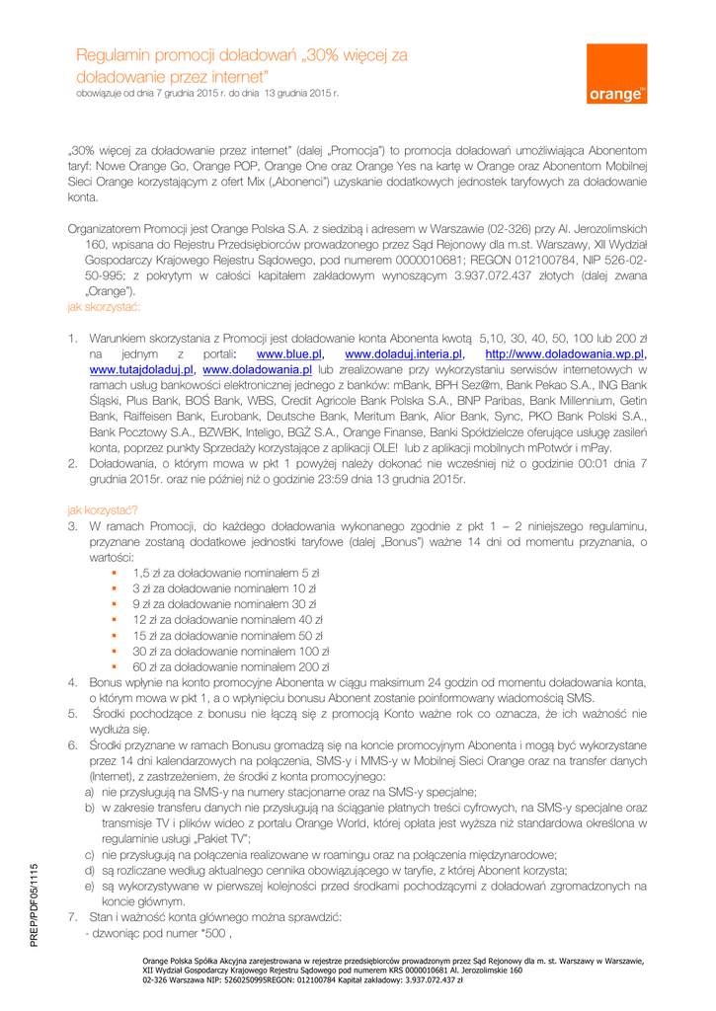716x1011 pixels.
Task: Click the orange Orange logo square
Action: (x=617, y=74)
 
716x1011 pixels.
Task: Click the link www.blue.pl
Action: (x=290, y=352)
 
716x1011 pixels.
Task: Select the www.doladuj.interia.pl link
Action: (x=404, y=352)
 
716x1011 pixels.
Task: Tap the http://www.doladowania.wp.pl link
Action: (x=566, y=352)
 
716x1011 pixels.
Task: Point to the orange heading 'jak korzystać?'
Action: (x=103, y=510)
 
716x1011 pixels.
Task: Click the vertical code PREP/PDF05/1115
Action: (x=34, y=905)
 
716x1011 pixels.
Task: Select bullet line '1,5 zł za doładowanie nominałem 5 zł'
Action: (x=225, y=573)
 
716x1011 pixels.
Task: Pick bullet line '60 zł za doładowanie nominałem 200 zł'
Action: (x=231, y=668)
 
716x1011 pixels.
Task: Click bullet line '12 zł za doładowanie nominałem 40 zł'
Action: (x=228, y=620)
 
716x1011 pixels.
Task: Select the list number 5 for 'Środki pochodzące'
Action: (x=72, y=712)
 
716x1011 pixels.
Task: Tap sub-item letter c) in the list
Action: (x=90, y=854)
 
